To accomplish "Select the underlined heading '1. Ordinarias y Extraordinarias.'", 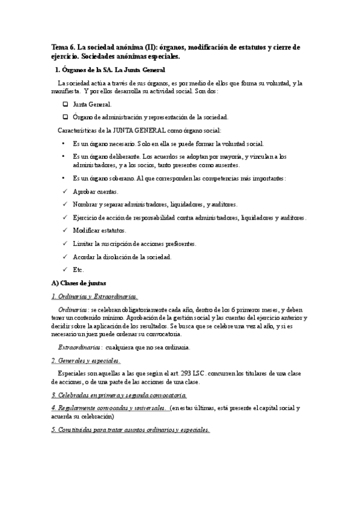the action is click(x=94, y=296).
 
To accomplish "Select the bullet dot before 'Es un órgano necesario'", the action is click(x=64, y=144).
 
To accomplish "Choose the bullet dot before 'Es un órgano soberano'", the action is click(x=64, y=179).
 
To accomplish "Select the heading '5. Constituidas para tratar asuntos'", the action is click(x=130, y=430).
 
